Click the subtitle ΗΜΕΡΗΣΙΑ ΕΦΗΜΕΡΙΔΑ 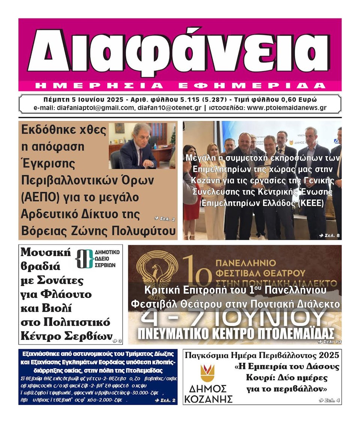click(x=180, y=86)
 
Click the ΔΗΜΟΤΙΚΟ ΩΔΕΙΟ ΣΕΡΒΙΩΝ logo click(x=97, y=259)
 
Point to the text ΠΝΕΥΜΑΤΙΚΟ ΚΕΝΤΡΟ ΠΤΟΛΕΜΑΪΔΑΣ click(x=235, y=333)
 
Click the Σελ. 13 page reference click(x=329, y=341)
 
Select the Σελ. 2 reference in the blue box click(x=165, y=401)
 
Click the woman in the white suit click(x=215, y=195)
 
